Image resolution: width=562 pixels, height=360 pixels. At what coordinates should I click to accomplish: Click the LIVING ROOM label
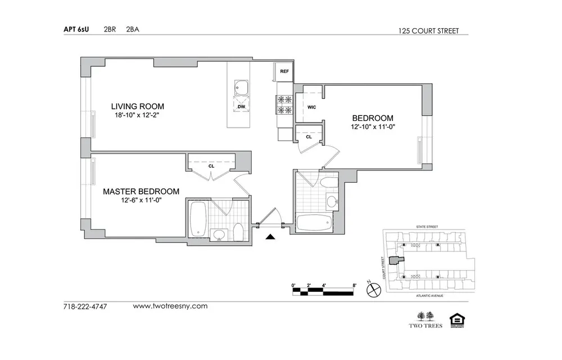[137, 106]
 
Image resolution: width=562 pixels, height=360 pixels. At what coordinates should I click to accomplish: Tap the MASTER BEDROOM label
[141, 191]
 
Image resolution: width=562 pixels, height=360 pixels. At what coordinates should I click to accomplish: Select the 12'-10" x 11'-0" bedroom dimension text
[373, 127]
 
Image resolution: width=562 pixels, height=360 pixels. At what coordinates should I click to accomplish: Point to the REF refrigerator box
[284, 71]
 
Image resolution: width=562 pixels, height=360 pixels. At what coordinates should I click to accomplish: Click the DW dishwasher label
[241, 106]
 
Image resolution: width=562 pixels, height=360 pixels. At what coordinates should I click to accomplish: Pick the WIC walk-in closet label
[312, 106]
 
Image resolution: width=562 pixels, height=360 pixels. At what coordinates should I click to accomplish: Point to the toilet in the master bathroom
[238, 233]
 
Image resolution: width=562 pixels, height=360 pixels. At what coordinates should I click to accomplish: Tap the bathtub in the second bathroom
[314, 223]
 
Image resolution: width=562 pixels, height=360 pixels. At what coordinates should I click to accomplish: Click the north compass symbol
[373, 290]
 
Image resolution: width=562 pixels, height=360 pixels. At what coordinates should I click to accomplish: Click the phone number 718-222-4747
[85, 307]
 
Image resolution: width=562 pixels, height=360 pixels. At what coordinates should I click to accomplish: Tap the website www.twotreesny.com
[170, 306]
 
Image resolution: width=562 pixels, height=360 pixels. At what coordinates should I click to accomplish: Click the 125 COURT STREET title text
[430, 31]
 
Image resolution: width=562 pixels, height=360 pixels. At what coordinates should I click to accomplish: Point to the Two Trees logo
[425, 319]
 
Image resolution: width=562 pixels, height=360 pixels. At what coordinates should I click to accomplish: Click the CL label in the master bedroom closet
[211, 166]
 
